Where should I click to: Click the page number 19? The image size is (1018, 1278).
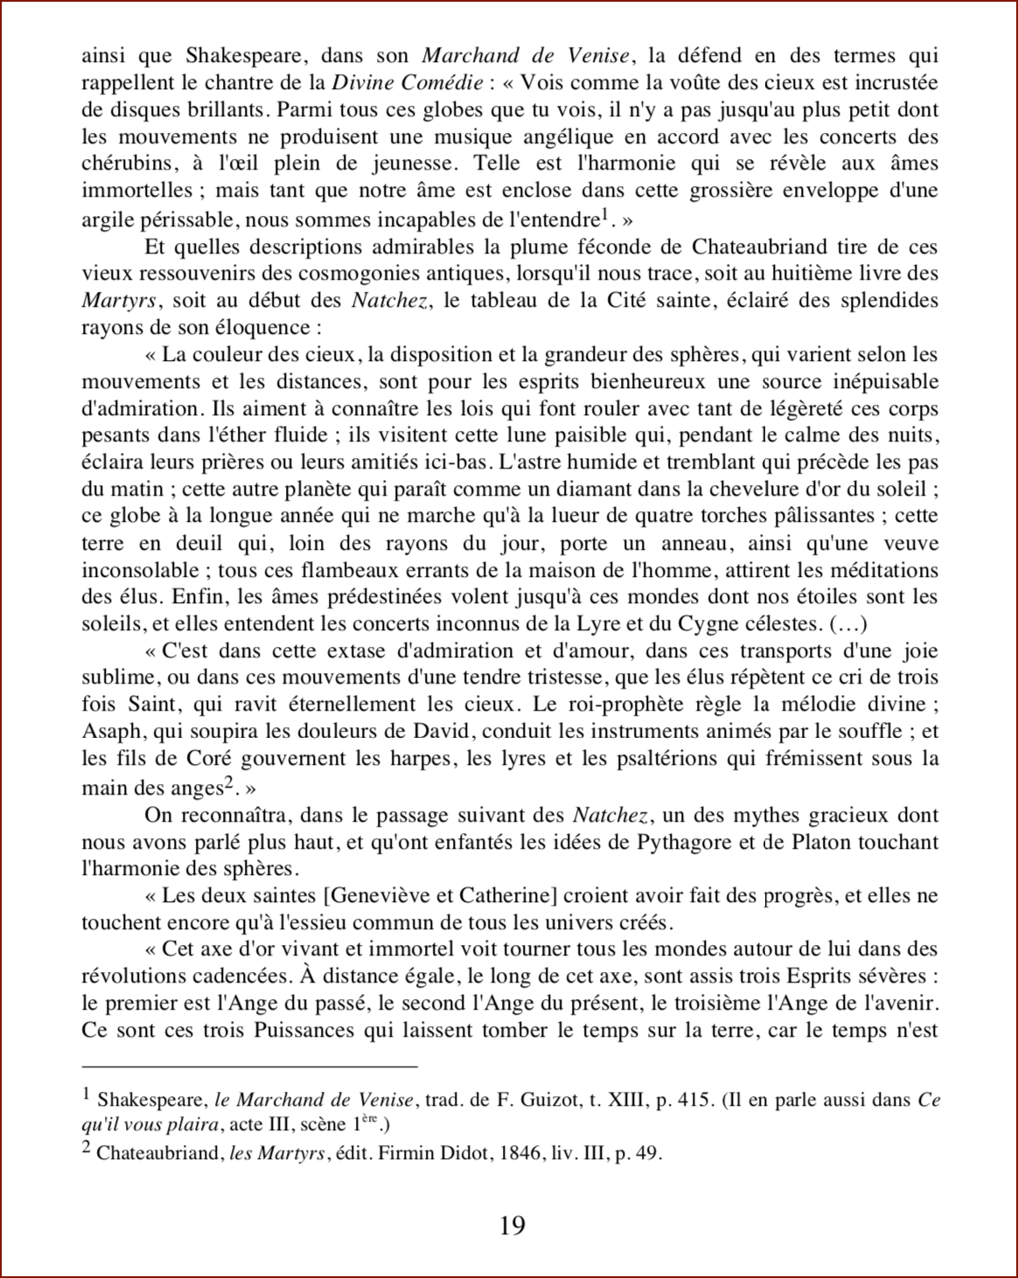512,1226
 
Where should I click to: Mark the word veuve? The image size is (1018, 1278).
911,543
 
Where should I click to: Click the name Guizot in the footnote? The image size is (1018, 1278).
547,1101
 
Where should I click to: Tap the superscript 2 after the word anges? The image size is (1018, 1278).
228,783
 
